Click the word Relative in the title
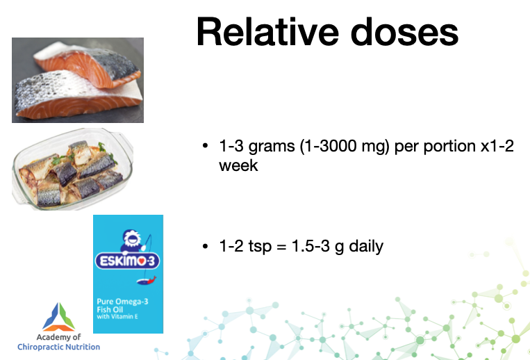click(x=267, y=32)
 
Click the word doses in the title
click(x=404, y=32)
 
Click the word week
click(x=238, y=165)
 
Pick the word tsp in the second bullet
click(x=260, y=247)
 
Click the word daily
click(x=366, y=247)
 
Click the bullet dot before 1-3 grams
click(x=205, y=146)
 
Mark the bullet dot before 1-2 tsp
click(x=205, y=246)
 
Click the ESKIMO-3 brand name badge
click(x=127, y=261)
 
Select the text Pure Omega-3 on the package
click(x=122, y=302)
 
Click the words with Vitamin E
click(x=117, y=317)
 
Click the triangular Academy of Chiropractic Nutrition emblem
click(x=59, y=317)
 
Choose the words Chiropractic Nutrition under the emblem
click(x=59, y=347)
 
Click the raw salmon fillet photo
click(x=78, y=80)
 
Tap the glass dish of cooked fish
click(x=73, y=169)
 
